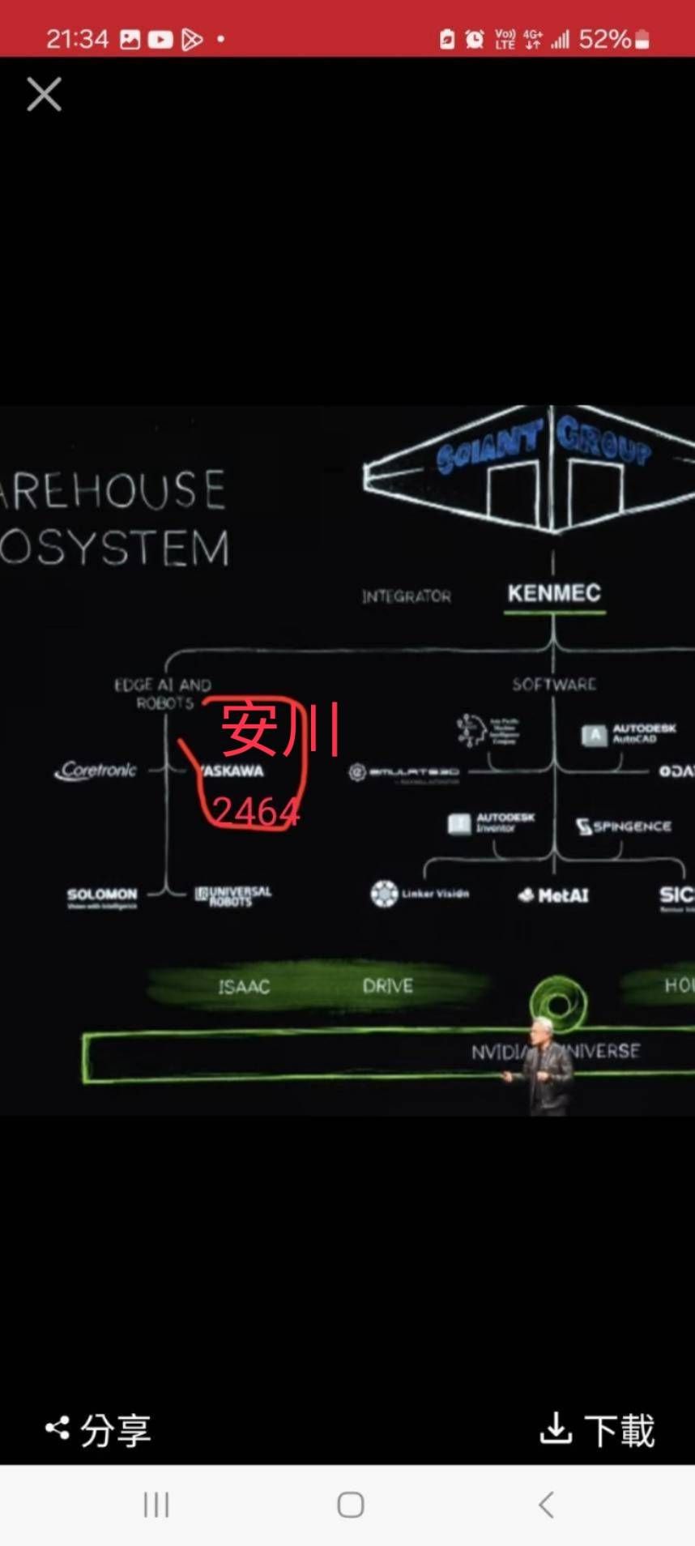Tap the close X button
coord(44,94)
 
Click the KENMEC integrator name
coord(554,593)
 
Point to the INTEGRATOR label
coord(407,596)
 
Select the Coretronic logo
coord(96,770)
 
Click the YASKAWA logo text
coord(233,771)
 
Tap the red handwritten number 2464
coord(255,810)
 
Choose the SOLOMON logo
coord(102,896)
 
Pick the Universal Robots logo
coord(233,895)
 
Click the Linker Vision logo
coord(420,894)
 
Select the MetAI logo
coord(553,895)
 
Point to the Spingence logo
coord(624,826)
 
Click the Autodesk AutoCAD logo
coord(629,734)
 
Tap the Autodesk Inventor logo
coord(491,823)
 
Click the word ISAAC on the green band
coord(243,986)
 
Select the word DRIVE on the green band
coord(388,986)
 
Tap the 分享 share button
coord(99,1429)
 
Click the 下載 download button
coord(597,1429)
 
